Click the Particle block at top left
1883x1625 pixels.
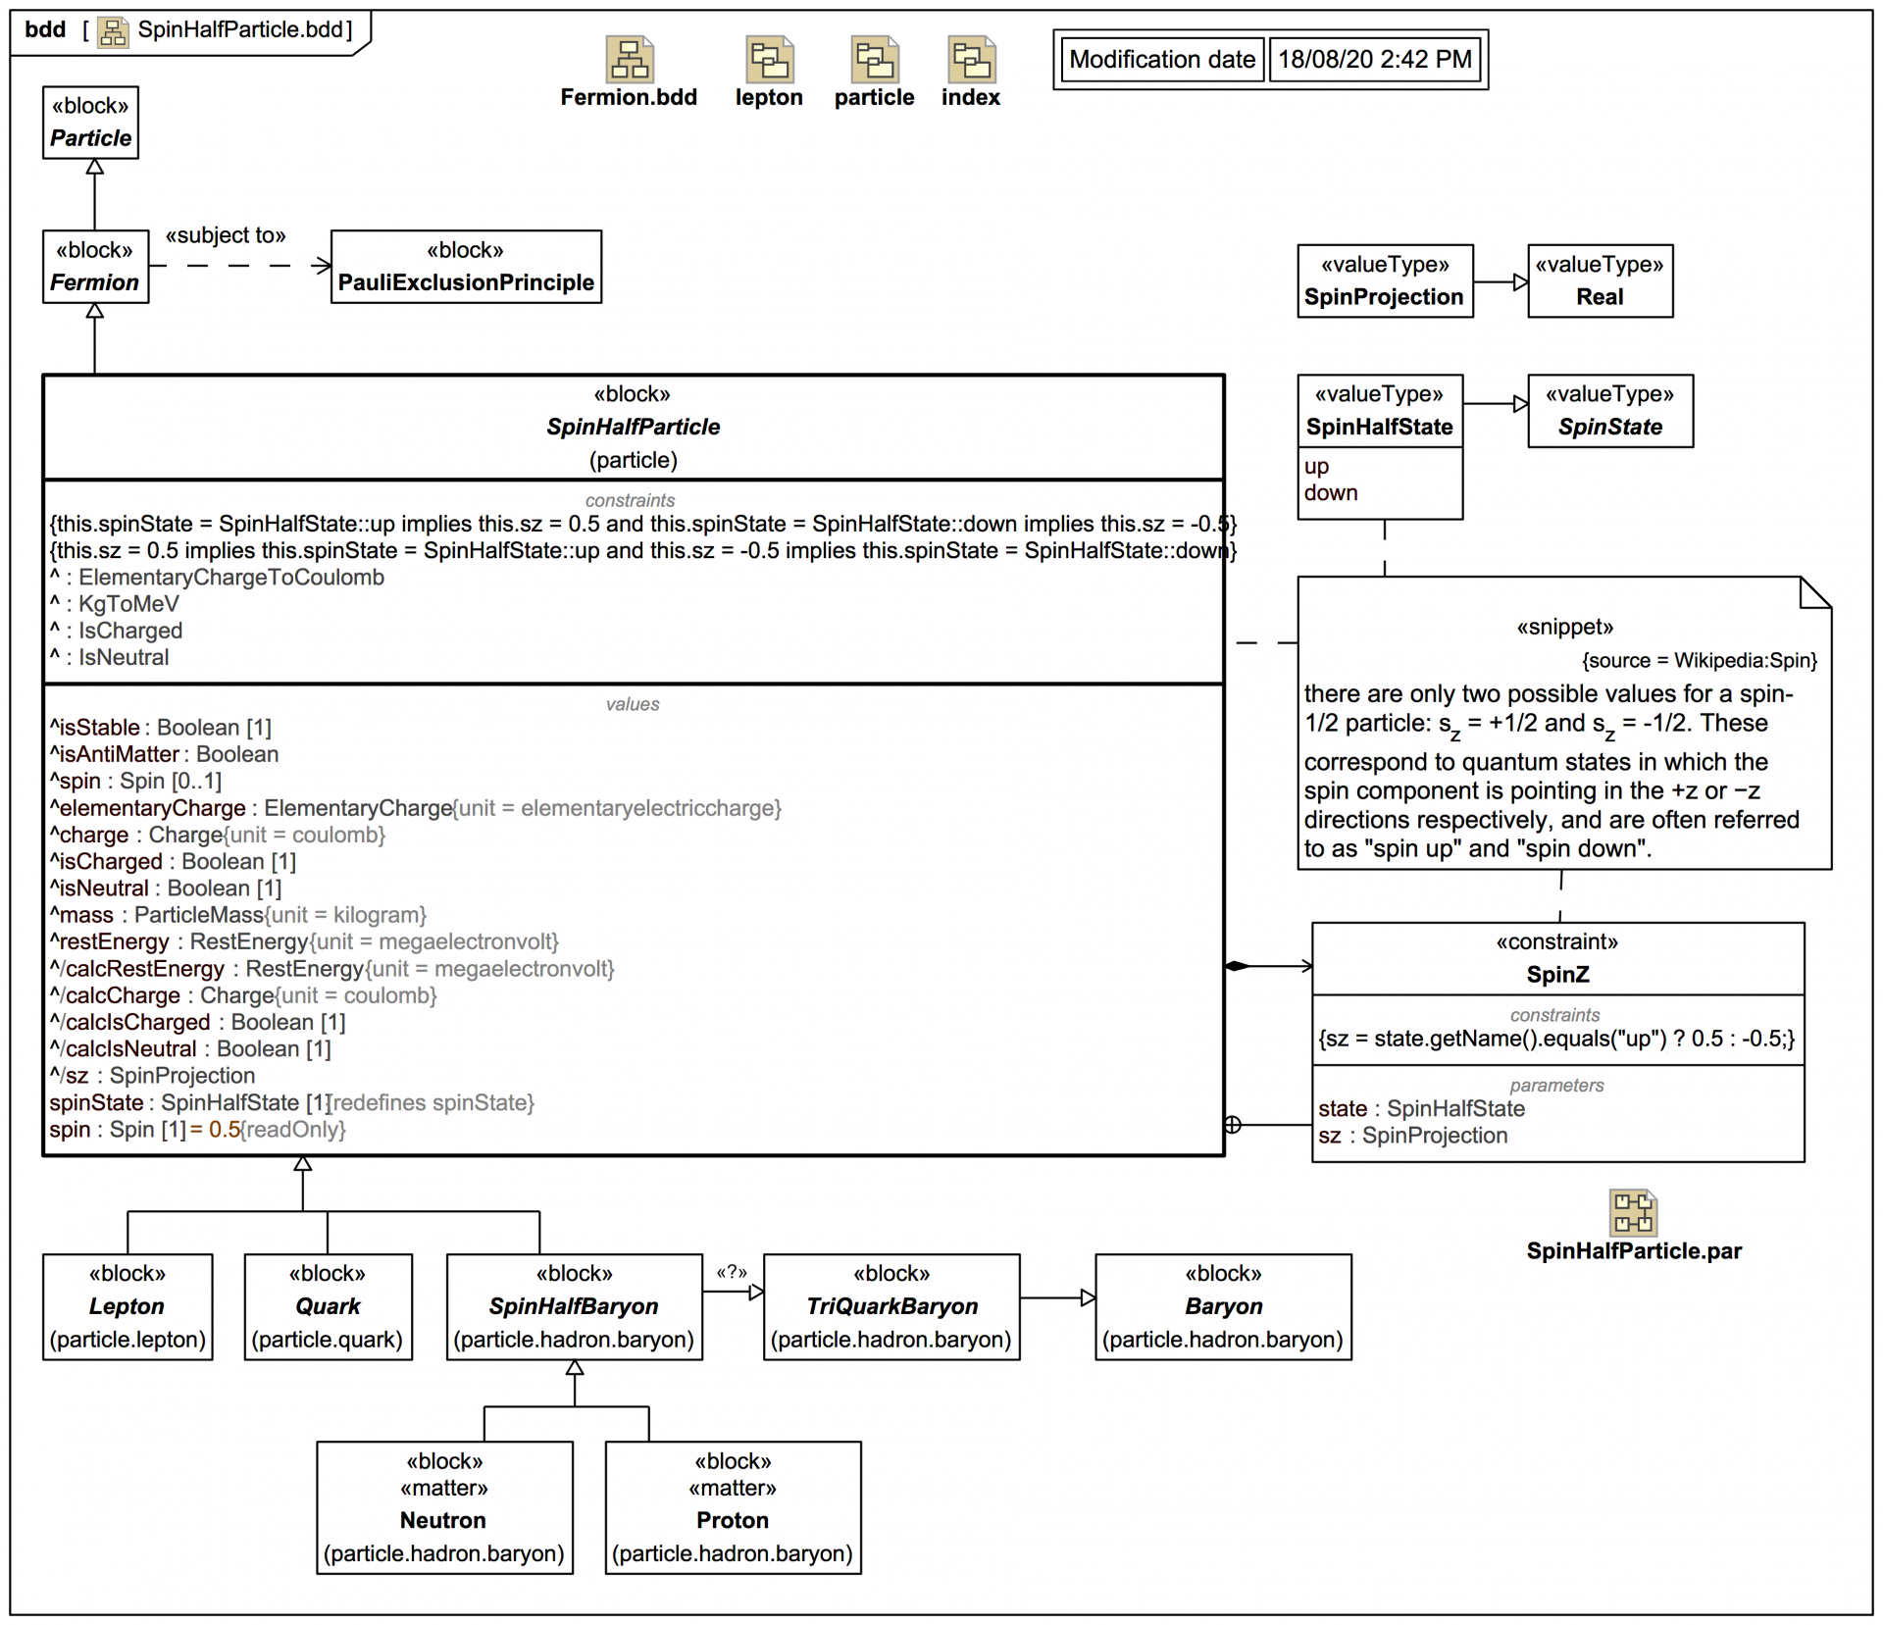[90, 123]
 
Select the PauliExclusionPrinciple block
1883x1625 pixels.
[466, 267]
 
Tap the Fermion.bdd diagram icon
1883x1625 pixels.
[629, 60]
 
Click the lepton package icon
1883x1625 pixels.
[770, 60]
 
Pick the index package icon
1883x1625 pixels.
[971, 60]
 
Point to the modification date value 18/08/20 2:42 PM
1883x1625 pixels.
[1374, 60]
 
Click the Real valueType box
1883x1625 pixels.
[1600, 281]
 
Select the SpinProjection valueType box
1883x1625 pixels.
[1384, 281]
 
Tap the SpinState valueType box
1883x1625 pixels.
[1609, 411]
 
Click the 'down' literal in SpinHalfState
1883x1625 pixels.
[1331, 493]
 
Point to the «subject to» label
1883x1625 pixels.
[226, 236]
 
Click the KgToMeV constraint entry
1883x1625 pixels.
[127, 604]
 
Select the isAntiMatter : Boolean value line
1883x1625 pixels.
[165, 754]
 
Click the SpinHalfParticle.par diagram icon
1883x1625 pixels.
[1633, 1213]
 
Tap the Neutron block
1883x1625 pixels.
[444, 1507]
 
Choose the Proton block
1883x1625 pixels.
[733, 1507]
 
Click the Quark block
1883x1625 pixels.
[328, 1307]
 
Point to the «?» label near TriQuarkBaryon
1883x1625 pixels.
[732, 1273]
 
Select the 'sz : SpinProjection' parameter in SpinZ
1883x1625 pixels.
[1413, 1136]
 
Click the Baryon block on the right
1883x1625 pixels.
[1223, 1307]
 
